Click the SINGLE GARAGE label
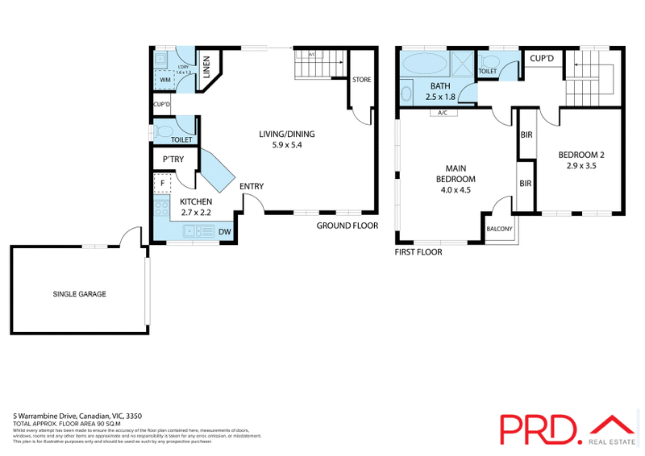pos(79,294)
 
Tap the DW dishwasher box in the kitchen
pos(227,232)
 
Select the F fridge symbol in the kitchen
pos(163,184)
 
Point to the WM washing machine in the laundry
pos(164,80)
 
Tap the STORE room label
pos(361,79)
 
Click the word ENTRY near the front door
pos(252,186)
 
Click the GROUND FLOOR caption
pos(347,226)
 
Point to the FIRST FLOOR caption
pos(418,251)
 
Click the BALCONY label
pos(499,229)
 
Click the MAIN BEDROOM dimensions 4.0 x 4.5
pos(456,191)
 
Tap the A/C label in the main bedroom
pos(443,113)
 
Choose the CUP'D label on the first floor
pos(541,58)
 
